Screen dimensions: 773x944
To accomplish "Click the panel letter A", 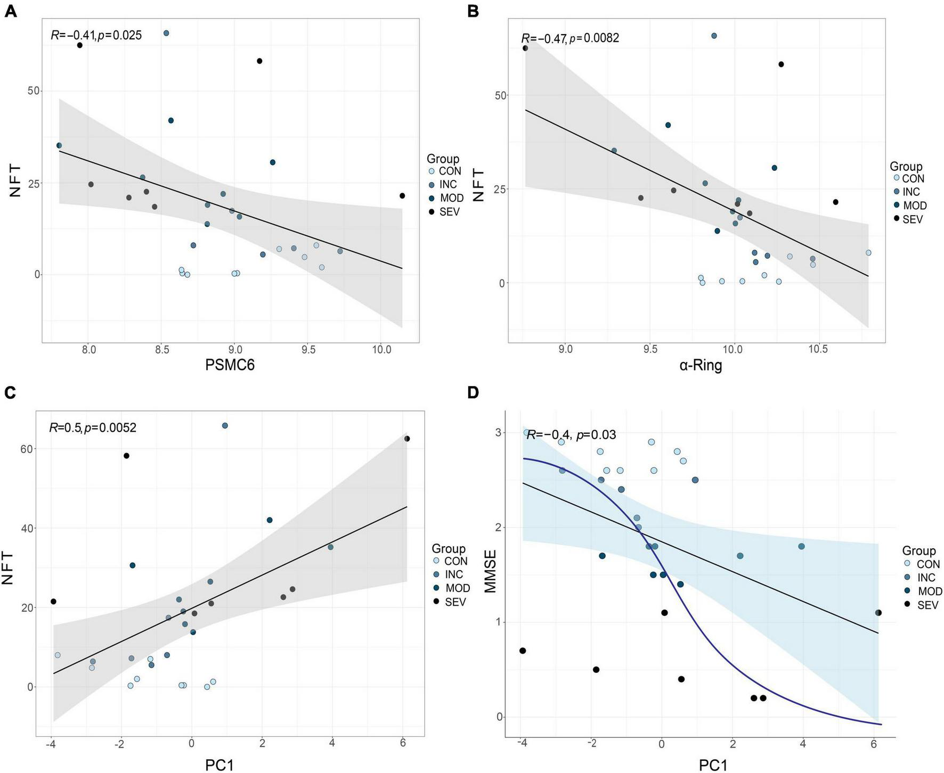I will [10, 12].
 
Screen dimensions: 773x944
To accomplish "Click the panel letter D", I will [473, 393].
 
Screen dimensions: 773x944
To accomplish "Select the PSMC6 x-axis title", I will [230, 365].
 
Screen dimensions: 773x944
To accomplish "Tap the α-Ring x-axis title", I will [701, 365].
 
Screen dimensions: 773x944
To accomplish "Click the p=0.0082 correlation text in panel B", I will [594, 38].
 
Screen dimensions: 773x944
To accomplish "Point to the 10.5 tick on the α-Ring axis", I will [818, 349].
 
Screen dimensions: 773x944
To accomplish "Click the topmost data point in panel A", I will [166, 33].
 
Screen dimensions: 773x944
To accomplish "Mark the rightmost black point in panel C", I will [407, 439].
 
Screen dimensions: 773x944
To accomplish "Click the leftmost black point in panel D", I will [523, 651].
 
